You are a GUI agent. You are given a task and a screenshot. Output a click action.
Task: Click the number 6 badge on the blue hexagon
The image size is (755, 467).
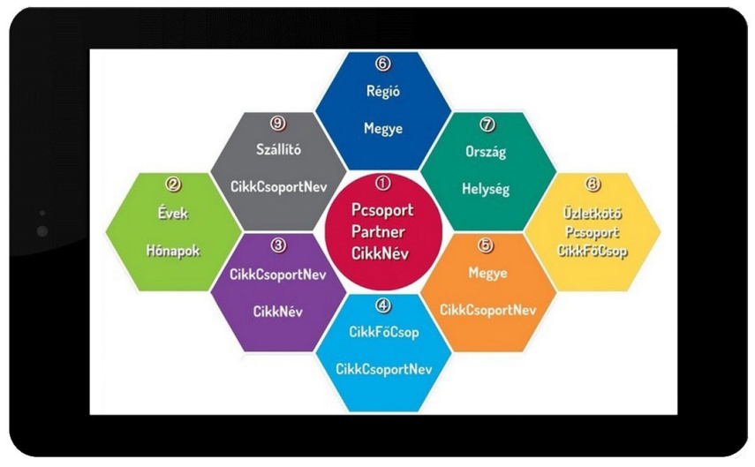coord(382,64)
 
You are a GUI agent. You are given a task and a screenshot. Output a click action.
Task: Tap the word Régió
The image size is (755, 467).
coord(382,90)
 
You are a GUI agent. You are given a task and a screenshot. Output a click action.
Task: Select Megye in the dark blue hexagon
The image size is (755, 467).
coord(382,129)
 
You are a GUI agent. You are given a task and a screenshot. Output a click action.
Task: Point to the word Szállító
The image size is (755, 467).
coord(278,149)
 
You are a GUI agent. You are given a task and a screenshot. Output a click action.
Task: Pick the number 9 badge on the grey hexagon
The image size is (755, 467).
coord(278,124)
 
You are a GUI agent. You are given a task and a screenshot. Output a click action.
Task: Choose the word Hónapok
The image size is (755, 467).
coord(173,250)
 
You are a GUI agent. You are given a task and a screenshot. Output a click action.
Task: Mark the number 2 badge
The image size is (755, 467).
coord(173,185)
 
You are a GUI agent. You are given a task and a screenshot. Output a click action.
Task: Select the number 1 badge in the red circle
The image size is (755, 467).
coord(382,184)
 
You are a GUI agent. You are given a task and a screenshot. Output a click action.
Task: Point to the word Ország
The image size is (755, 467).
coord(487,152)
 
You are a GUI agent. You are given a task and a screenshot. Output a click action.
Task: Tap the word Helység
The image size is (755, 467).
coord(487,189)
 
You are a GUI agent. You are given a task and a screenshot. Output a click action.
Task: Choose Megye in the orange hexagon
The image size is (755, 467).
coord(488,273)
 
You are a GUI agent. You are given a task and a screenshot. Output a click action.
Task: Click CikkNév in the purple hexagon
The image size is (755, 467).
coord(278,312)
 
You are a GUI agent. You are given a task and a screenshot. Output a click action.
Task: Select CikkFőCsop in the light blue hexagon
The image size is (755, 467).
coord(383,332)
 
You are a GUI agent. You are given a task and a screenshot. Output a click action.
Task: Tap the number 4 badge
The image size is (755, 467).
coord(382,306)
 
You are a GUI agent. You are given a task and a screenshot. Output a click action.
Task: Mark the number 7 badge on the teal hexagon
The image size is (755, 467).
coord(487,124)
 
